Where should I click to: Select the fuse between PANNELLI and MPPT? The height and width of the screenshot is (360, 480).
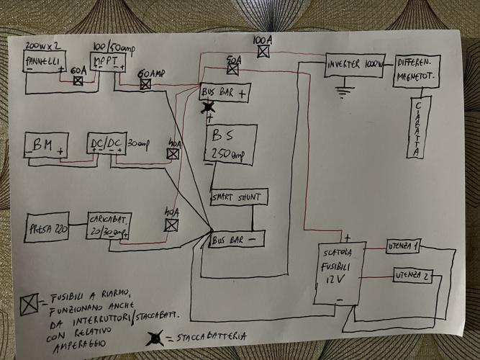[x=78, y=81]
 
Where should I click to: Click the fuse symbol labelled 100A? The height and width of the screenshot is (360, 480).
[x=263, y=52]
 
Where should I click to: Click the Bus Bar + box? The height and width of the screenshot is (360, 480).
[x=225, y=93]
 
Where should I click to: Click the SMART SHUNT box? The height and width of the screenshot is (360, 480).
[x=239, y=197]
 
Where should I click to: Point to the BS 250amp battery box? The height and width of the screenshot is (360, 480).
[x=231, y=143]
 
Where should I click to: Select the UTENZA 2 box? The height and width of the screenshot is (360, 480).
[x=411, y=275]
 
